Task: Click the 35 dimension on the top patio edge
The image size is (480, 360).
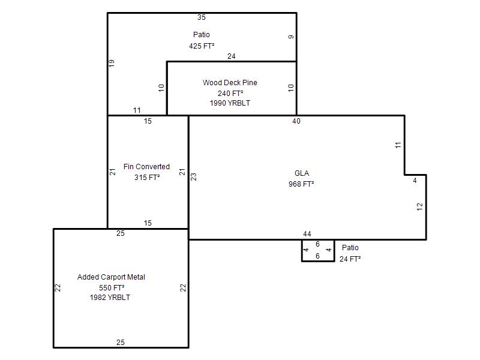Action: (x=202, y=17)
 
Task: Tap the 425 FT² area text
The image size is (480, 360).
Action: (x=202, y=46)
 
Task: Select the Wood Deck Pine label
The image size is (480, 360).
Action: (x=230, y=83)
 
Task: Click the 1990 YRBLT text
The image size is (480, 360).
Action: (x=230, y=103)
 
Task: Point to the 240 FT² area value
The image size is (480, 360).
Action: (x=230, y=93)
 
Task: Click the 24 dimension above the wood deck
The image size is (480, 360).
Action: (x=232, y=56)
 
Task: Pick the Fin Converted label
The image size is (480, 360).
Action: (x=146, y=167)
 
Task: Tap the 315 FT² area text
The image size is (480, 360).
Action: (x=147, y=177)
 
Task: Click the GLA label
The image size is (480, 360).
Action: (x=302, y=173)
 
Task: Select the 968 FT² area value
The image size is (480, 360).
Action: (x=301, y=184)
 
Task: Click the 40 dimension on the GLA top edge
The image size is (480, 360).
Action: (x=296, y=121)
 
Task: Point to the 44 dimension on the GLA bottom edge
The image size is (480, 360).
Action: (x=307, y=234)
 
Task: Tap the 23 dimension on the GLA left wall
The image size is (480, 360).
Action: (x=193, y=177)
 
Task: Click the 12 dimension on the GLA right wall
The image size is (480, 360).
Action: (x=419, y=206)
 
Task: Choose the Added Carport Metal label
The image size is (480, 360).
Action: (x=111, y=277)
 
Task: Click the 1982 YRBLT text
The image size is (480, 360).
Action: (x=110, y=298)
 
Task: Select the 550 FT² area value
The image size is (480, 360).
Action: (x=112, y=288)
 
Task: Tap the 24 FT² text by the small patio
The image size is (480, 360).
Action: (x=350, y=259)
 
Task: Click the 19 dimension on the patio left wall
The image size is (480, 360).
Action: (x=112, y=64)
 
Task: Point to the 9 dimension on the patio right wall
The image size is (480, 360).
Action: (x=291, y=37)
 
